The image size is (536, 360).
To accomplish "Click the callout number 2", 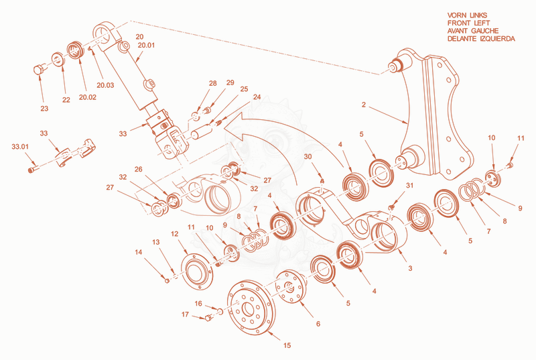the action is point(364,105).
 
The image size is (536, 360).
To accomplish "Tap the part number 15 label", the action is point(287,345).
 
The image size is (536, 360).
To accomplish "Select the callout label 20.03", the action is point(105,85).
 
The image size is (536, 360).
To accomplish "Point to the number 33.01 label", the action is point(20,147).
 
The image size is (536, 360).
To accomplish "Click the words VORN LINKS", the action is point(467,15).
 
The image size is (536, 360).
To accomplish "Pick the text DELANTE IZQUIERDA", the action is point(481,39).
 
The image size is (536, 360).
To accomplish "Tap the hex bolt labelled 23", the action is point(39,70).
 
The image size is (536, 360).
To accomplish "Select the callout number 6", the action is point(318,324).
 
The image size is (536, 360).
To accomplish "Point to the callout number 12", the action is point(175,234).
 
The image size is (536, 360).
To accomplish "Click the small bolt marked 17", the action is point(208,318).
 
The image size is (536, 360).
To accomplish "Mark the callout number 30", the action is point(308,156).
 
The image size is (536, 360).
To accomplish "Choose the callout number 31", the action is point(409,185).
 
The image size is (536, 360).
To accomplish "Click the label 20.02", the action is point(88,97).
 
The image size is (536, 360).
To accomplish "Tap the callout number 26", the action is point(138,169).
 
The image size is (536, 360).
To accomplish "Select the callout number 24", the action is point(257,97).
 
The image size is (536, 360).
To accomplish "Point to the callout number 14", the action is point(139,252).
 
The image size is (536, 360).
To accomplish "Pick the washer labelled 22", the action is point(58,60).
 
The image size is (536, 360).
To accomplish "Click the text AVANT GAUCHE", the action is point(473,31).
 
